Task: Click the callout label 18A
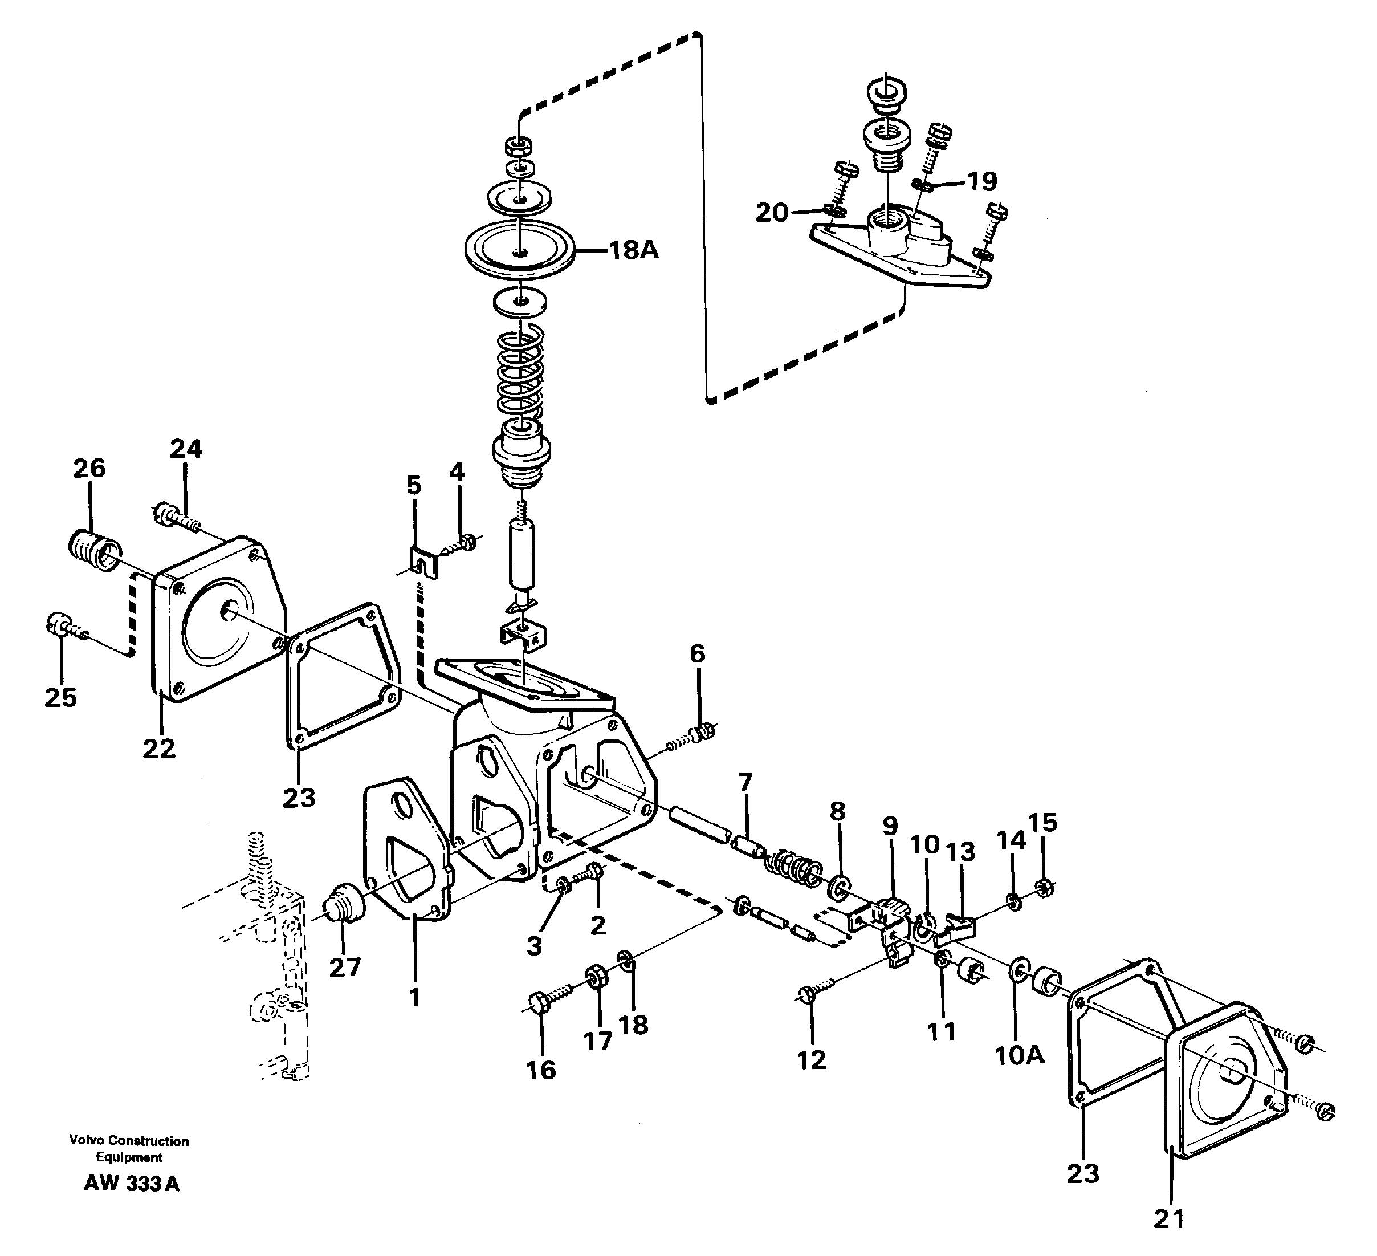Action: (x=633, y=251)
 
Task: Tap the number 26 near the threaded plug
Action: (x=89, y=469)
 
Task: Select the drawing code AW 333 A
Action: (x=131, y=1184)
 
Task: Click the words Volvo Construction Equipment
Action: (x=128, y=1149)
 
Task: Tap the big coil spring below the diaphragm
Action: (x=520, y=369)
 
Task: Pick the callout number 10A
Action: (x=1019, y=1055)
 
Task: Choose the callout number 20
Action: (x=772, y=213)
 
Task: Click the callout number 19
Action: (x=982, y=181)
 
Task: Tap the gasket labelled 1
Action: (x=406, y=854)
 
